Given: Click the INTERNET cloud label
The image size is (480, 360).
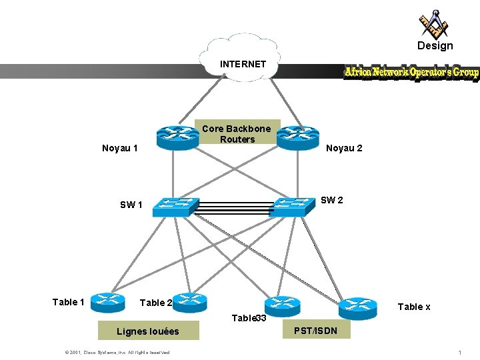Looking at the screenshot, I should pos(243,64).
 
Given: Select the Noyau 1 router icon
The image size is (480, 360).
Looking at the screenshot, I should pos(178,137).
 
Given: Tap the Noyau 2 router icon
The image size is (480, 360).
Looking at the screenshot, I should pos(299,137).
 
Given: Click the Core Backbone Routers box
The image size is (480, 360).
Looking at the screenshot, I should pos(237,133).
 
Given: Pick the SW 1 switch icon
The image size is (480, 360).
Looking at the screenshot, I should pos(175,207).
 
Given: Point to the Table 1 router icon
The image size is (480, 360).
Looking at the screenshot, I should pos(107,303).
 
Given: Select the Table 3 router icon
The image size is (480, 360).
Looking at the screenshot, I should pos(282,305).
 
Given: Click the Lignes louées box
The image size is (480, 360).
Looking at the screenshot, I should pos(147,331).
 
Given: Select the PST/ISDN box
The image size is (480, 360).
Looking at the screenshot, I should pos(316,331).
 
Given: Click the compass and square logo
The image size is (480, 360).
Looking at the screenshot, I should pos(433,24).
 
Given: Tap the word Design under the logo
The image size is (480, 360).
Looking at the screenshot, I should pos(435,46).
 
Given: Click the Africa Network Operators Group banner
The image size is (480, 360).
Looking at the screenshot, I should pos(411,72).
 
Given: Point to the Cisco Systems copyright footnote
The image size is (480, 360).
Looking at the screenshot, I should pos(117,352).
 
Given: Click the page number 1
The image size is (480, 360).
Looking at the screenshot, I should pos(460,352).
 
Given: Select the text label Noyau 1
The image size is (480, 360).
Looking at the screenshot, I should pos(120,148).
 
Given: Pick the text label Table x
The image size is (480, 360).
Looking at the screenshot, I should pos(414,307).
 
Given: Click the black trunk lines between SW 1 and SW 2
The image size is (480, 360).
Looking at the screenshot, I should pos(233,209).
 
